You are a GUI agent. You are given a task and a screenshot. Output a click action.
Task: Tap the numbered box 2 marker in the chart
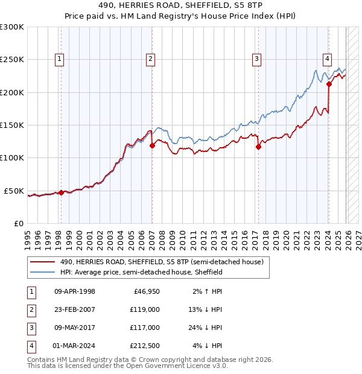[x=150, y=59]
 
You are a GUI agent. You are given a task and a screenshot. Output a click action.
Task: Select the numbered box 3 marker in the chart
[x=256, y=59]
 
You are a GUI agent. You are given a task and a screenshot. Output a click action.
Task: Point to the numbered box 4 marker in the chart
[x=326, y=59]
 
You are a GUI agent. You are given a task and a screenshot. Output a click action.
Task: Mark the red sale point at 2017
[x=258, y=147]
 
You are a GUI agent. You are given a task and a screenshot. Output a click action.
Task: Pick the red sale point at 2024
[x=329, y=84]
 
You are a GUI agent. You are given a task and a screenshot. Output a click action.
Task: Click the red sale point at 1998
[x=62, y=192]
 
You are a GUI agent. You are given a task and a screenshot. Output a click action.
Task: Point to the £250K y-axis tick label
[x=12, y=60]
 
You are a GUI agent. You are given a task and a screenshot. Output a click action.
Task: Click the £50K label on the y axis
[x=14, y=191]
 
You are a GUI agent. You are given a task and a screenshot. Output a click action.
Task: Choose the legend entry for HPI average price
[x=141, y=272]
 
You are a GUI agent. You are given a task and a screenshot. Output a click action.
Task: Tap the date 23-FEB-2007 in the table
[x=74, y=309]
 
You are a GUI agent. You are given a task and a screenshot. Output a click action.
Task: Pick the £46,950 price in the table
[x=145, y=291]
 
